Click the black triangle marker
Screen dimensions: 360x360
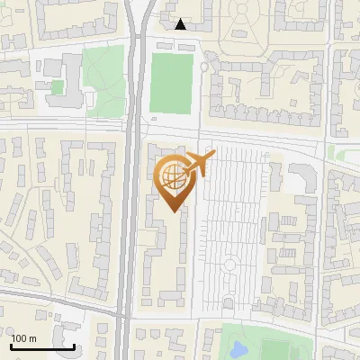click(x=181, y=24)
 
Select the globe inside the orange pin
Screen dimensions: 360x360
click(x=171, y=175)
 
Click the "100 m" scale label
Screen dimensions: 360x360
click(x=24, y=338)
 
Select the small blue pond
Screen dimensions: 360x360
click(x=239, y=348)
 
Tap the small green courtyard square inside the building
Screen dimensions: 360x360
click(x=58, y=87)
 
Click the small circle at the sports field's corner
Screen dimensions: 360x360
click(x=204, y=67)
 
